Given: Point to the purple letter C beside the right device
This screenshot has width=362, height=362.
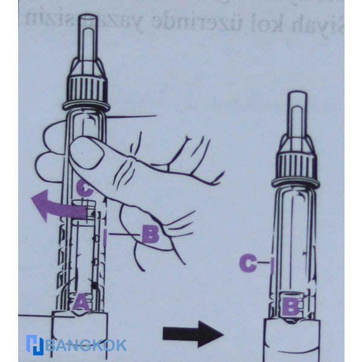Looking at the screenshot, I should pos(247,262).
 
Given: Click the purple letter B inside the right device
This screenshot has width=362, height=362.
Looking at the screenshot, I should pos(291,306).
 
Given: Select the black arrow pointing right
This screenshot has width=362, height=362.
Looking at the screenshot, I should pos(192,333).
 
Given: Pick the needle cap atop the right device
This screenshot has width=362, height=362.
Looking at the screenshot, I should pos(296,116).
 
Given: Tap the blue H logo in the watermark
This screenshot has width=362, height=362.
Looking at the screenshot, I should pos(34,345).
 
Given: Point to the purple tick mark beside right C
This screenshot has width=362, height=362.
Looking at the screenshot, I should pos(271,263).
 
